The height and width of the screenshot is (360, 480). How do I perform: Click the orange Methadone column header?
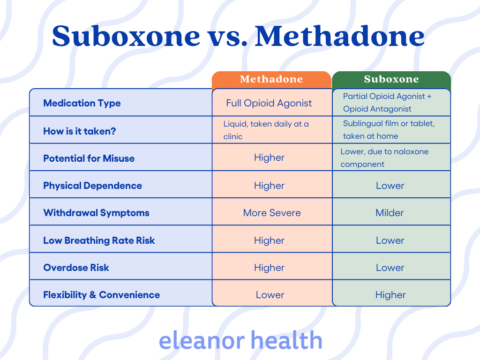coord(271,80)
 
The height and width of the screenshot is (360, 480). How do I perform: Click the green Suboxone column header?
coord(391,80)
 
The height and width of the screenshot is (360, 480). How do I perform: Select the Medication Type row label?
coord(82,103)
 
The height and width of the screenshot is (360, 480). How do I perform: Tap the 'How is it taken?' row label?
coord(80,131)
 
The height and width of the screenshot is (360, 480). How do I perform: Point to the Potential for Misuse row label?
coord(89,158)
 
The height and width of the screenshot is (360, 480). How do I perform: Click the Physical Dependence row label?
coord(92,186)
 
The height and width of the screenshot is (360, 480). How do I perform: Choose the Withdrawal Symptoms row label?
coord(96,213)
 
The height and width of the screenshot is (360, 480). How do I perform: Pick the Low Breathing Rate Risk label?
coord(99,240)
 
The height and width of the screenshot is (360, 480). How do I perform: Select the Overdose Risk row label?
coord(76,268)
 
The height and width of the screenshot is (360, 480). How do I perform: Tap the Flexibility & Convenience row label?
coord(101,295)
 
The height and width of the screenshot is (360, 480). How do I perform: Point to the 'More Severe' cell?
coord(272,213)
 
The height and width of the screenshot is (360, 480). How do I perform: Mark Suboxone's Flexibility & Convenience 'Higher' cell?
coord(390,295)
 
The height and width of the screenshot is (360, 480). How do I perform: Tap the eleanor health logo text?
coord(240,340)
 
